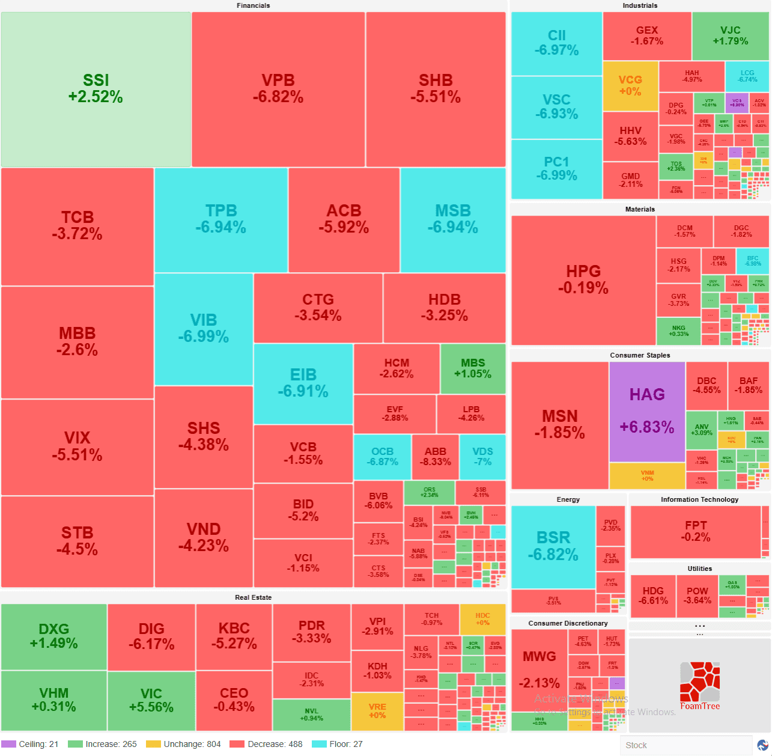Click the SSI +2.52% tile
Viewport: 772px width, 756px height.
96,89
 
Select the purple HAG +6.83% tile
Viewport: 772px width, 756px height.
647,411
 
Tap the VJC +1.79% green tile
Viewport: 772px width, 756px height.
730,36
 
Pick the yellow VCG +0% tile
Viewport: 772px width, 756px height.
630,86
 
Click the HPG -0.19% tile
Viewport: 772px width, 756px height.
583,280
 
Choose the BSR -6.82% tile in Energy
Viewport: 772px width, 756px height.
553,546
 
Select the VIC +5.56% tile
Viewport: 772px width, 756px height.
151,700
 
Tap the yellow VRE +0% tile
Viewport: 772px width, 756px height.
377,711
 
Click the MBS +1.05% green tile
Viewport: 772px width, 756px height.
473,368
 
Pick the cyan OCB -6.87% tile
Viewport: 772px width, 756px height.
382,457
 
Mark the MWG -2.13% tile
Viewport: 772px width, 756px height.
539,669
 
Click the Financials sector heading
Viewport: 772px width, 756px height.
253,5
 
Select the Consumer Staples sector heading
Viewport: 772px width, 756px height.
640,355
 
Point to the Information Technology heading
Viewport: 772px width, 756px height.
699,499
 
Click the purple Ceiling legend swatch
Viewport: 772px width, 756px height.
8,744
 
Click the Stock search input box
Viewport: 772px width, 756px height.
685,745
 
